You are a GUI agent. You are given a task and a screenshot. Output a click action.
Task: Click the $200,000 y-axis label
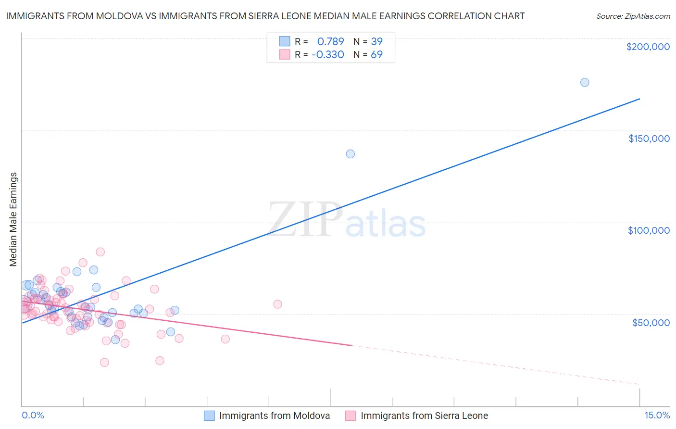(x=648, y=47)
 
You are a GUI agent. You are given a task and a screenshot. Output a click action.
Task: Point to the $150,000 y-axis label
(x=649, y=139)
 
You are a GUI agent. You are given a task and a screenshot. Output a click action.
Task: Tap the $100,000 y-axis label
(x=649, y=230)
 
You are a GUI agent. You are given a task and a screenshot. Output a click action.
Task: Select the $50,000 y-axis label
(x=651, y=323)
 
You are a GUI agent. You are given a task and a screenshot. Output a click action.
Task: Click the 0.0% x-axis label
(x=33, y=416)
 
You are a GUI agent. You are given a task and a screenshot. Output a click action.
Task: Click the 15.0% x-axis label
(x=657, y=416)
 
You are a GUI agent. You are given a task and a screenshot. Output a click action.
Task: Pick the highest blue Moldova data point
(x=585, y=82)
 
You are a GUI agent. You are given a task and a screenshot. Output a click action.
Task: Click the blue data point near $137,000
(x=351, y=154)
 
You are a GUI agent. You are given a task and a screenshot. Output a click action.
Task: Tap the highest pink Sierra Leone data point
(x=100, y=252)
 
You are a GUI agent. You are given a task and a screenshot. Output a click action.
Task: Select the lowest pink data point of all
(x=104, y=363)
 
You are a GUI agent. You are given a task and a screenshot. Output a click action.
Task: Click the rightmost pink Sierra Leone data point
(x=277, y=304)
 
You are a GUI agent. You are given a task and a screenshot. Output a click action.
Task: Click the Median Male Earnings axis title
(x=13, y=219)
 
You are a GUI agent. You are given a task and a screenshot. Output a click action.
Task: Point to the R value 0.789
(x=330, y=41)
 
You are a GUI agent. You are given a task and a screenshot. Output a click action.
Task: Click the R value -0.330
(x=327, y=55)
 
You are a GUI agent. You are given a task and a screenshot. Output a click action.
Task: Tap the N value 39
(x=376, y=41)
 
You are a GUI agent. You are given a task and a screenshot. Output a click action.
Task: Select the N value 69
(x=376, y=55)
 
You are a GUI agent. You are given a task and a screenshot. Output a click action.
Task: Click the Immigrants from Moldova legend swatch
(x=209, y=416)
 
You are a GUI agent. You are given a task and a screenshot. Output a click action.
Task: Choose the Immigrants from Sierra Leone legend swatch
(x=351, y=416)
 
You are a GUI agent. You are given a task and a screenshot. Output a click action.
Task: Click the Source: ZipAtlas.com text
(x=633, y=16)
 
